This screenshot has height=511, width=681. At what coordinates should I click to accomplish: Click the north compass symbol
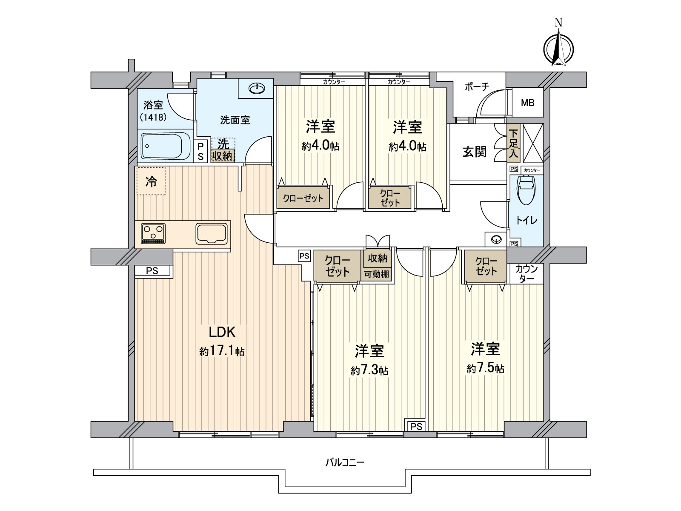pyautogui.click(x=559, y=48)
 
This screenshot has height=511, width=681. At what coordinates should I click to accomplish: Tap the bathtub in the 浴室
pyautogui.click(x=166, y=146)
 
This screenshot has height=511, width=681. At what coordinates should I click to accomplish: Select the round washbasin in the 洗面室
pyautogui.click(x=257, y=89)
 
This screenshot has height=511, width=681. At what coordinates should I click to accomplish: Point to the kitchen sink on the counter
pyautogui.click(x=212, y=234)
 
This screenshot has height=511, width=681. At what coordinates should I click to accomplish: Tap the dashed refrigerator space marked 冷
pyautogui.click(x=151, y=181)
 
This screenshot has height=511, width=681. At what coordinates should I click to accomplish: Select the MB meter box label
pyautogui.click(x=528, y=103)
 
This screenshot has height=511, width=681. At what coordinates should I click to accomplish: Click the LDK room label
pyautogui.click(x=222, y=332)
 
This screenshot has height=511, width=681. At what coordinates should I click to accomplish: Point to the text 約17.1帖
pyautogui.click(x=222, y=352)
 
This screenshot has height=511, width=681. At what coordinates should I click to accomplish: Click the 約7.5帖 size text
pyautogui.click(x=485, y=368)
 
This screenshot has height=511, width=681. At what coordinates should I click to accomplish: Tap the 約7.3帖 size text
pyautogui.click(x=369, y=370)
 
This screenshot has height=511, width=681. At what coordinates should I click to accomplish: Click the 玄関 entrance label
pyautogui.click(x=475, y=152)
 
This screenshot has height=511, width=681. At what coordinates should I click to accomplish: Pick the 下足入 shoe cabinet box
pyautogui.click(x=513, y=144)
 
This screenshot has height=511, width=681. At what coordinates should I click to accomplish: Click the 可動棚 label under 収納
pyautogui.click(x=376, y=275)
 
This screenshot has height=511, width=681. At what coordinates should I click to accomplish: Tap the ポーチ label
pyautogui.click(x=477, y=87)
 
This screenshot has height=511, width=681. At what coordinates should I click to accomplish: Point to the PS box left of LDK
pyautogui.click(x=152, y=271)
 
